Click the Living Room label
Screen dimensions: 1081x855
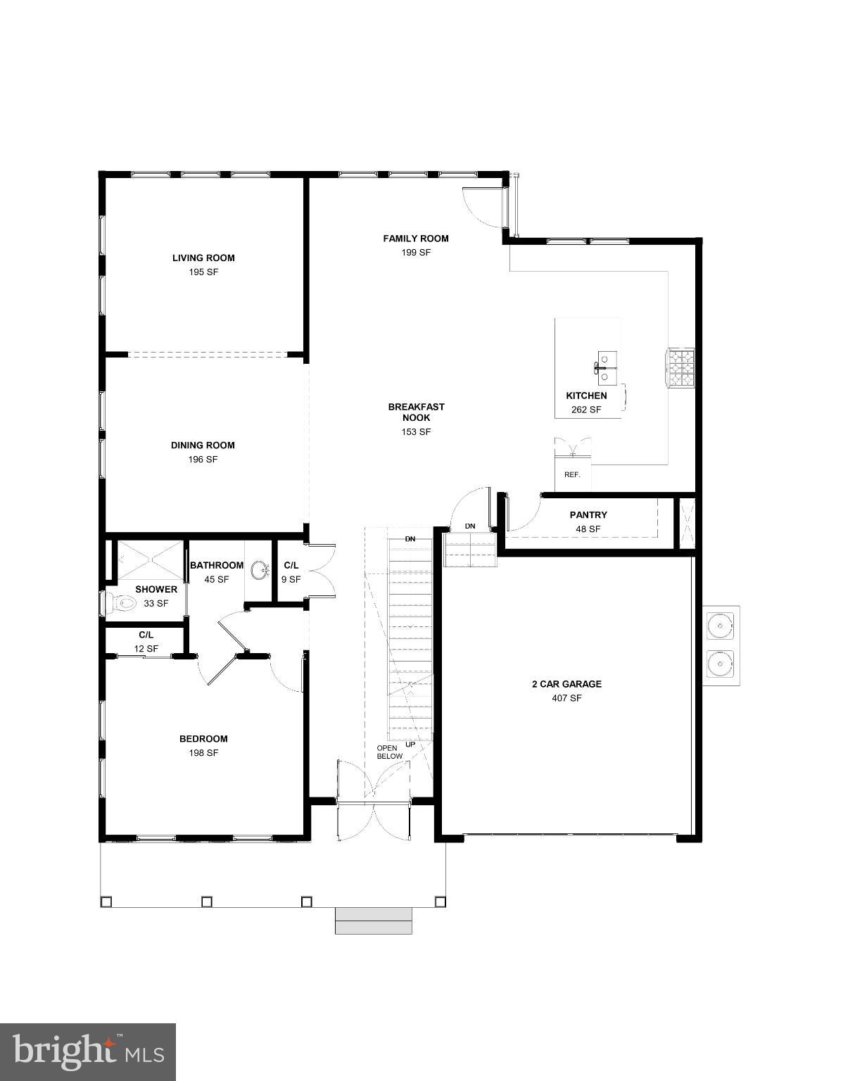203,258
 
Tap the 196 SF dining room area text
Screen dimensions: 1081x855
203,460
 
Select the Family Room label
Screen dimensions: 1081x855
415,239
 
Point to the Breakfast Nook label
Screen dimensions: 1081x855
416,412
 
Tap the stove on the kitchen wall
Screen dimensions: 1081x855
680,367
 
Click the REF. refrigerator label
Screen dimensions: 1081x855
572,475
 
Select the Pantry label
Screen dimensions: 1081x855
588,515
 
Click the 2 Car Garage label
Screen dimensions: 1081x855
566,684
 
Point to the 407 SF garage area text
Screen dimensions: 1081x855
566,699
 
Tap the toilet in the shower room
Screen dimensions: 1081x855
121,603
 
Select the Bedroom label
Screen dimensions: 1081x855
203,739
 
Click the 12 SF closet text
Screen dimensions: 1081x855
146,649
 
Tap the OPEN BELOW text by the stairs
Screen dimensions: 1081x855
389,752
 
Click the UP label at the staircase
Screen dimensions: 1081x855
410,744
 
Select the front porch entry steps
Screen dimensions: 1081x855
373,921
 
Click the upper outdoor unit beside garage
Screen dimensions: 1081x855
720,624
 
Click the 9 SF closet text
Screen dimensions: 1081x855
291,580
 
